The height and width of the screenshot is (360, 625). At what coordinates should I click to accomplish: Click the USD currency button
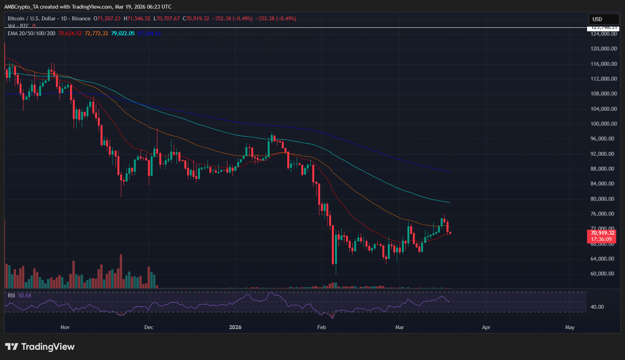point(603,19)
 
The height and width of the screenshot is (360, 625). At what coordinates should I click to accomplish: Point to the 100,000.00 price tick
point(603,124)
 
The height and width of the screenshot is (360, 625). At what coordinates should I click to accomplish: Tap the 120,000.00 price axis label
point(603,49)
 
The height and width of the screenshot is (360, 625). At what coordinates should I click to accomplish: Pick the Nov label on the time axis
point(65,327)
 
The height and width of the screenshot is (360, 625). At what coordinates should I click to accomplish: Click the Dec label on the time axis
point(149,327)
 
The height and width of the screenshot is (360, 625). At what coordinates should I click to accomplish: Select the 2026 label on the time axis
point(235,327)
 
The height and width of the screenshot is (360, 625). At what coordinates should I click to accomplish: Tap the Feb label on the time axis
point(321,327)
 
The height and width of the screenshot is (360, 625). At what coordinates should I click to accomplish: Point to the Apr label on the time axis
point(486,327)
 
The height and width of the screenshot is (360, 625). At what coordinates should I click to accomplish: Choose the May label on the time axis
point(570,327)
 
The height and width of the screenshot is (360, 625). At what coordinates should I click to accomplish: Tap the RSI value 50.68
point(25,295)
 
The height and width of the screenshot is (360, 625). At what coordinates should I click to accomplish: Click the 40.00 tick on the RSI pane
point(597,307)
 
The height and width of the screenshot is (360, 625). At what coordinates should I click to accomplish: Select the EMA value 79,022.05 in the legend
point(123,33)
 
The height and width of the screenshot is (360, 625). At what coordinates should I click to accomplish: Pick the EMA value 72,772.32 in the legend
point(96,33)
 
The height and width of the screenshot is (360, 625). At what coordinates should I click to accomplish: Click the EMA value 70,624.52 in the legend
point(70,33)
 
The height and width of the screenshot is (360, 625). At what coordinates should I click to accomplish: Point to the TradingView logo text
point(47,347)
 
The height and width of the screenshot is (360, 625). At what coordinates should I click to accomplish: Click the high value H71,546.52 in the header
point(137,18)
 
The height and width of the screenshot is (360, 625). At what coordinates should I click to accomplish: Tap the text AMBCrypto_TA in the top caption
point(20,7)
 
